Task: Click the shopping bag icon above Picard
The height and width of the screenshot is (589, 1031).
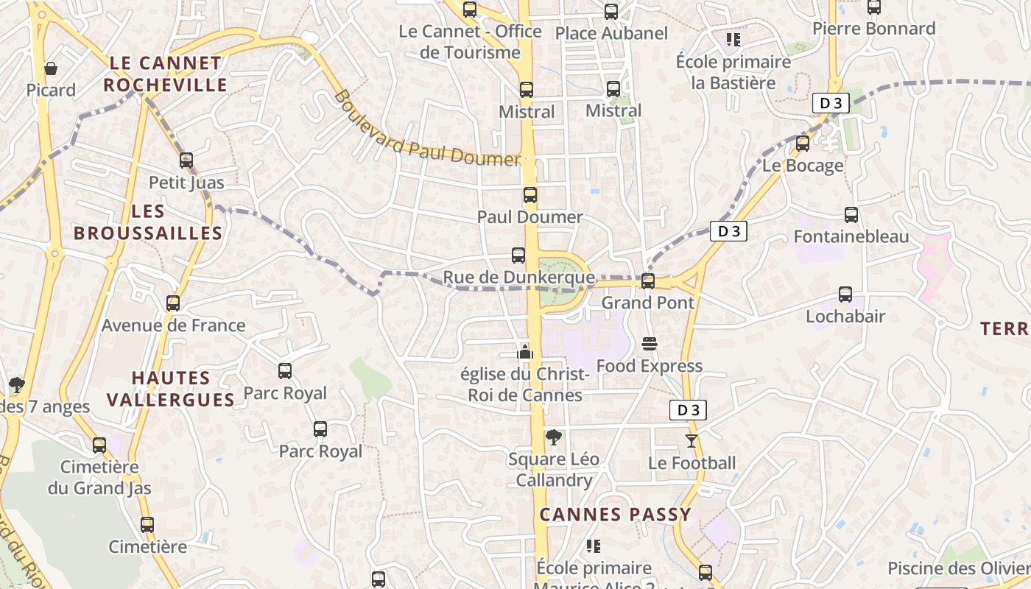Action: (51, 68)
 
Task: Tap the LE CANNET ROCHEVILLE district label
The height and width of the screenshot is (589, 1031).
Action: (165, 74)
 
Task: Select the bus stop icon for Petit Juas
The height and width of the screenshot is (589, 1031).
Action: (186, 160)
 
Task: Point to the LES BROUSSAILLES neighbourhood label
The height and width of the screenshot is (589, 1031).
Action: (148, 222)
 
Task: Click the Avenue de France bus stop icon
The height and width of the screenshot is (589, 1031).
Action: (173, 303)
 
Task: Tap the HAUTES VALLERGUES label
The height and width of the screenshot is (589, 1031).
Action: (171, 389)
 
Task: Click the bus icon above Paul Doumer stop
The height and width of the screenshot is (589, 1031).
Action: (529, 195)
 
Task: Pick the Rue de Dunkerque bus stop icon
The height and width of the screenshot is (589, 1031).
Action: (518, 255)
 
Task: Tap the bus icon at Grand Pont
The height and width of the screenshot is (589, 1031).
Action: (648, 281)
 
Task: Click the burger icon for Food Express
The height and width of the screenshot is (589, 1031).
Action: (650, 344)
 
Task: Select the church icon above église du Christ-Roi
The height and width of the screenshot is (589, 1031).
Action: (525, 352)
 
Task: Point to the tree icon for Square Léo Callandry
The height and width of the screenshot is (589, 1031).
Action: (554, 437)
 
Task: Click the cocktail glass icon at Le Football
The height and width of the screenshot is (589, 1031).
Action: (691, 441)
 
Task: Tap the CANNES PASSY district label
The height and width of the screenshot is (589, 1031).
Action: (615, 514)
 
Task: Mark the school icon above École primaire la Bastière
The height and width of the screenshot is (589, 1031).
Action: (733, 39)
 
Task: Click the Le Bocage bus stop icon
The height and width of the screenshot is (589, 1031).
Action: (803, 143)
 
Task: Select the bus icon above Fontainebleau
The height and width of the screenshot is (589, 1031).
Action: (851, 215)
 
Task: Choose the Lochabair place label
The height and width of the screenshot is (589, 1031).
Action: (845, 316)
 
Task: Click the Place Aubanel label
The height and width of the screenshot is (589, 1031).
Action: (611, 33)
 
